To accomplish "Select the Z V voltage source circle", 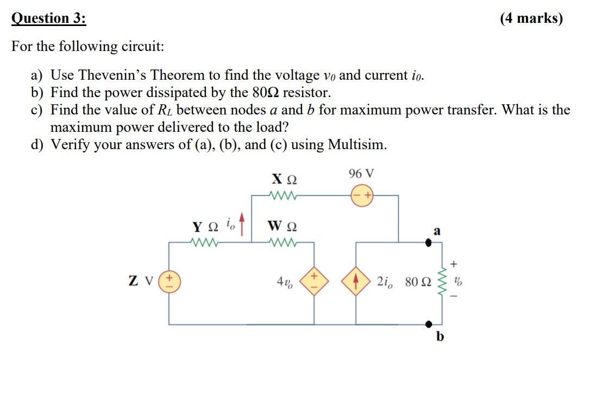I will [168, 283].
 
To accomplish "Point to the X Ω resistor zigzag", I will [284, 195].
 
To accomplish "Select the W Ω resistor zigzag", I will [284, 242].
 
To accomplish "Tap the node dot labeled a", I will [428, 243].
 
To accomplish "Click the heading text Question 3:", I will [48, 18].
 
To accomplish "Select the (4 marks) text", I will [531, 18].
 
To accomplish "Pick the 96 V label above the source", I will [361, 174].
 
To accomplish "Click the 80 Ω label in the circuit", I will [419, 283].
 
